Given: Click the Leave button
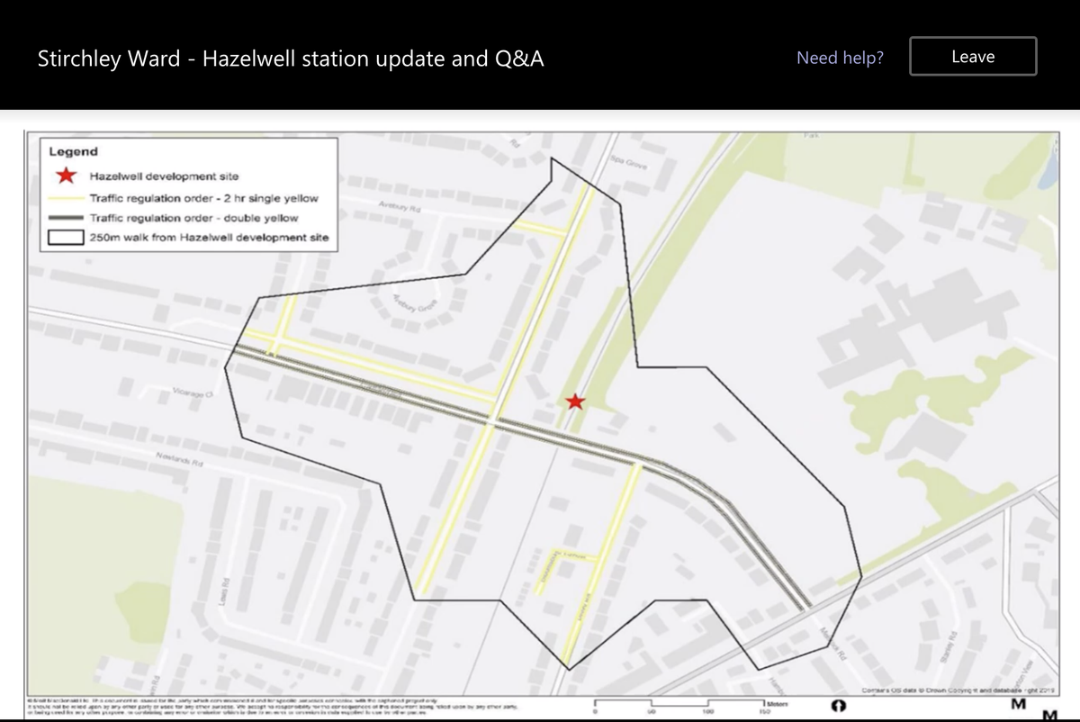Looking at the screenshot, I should [973, 57].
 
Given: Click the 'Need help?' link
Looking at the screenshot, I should [840, 59].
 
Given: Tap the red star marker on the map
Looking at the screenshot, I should [575, 402].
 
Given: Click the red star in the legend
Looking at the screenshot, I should [67, 176].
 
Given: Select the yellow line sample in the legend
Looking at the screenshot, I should [67, 198].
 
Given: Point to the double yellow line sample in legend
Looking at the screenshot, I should [67, 218].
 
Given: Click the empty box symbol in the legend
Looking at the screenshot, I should [67, 238].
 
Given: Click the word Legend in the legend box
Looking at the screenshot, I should [74, 152].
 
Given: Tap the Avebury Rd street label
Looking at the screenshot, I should [400, 207].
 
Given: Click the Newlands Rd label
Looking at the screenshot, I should [176, 458].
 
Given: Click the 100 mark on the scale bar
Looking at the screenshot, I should [709, 711].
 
